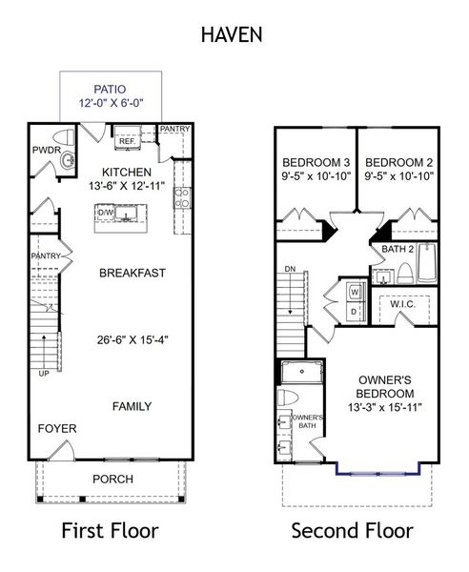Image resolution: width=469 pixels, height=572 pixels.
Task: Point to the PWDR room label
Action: (47, 150)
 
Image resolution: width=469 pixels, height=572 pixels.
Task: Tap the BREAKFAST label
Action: (133, 273)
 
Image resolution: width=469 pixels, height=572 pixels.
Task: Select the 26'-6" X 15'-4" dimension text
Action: (133, 338)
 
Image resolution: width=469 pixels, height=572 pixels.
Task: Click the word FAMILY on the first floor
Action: (133, 406)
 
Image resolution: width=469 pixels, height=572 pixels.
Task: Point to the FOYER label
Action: (57, 429)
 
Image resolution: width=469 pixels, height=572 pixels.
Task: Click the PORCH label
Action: (112, 479)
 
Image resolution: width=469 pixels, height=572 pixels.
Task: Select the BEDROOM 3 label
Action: (315, 161)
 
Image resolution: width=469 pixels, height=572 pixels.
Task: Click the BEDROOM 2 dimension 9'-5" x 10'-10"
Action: (398, 175)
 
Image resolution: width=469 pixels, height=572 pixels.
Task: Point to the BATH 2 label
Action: (397, 249)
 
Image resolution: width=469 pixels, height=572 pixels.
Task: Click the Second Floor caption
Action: (352, 531)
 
